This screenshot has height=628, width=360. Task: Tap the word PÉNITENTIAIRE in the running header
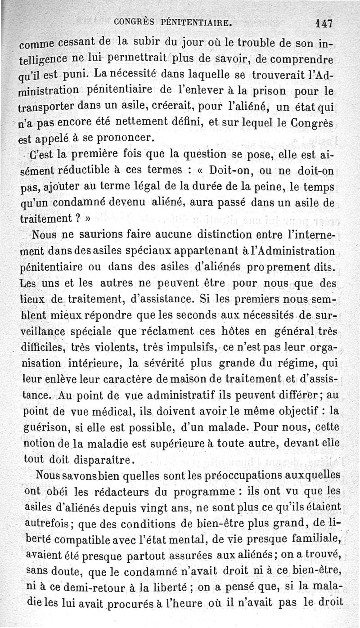coord(193,21)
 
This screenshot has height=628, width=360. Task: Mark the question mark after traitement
coord(77,219)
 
